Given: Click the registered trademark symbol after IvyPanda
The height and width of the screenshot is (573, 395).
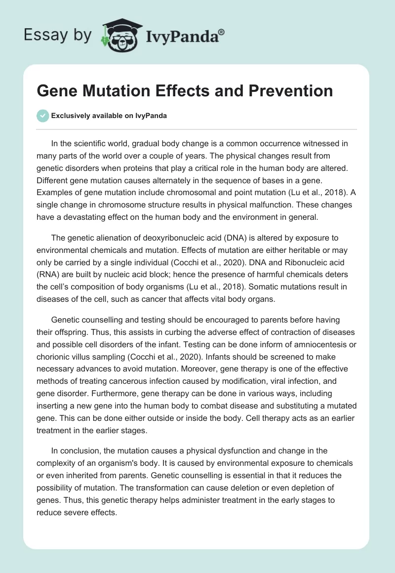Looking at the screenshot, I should point(222,31).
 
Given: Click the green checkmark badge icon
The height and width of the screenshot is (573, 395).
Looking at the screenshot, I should point(42,116).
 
